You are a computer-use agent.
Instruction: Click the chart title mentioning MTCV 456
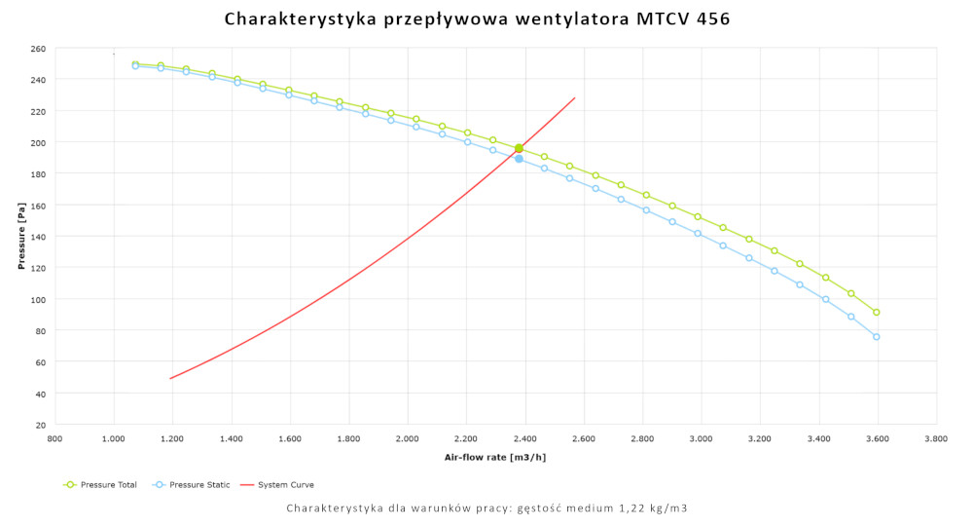[x=477, y=19]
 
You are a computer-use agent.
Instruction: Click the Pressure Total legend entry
[x=107, y=484]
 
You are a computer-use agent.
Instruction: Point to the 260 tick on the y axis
[x=38, y=48]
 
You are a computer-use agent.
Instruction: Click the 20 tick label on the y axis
[x=41, y=425]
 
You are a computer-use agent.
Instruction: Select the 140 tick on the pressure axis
[x=38, y=237]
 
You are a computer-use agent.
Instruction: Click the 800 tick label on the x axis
[x=55, y=439]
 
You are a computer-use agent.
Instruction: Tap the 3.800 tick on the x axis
[x=936, y=439]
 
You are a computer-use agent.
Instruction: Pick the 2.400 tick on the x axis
[x=525, y=439]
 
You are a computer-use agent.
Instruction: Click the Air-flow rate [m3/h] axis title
[x=495, y=457]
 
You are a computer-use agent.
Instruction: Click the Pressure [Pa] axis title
[x=20, y=237]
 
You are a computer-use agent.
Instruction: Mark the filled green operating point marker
[x=519, y=149]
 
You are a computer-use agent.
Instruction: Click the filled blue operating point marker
[x=519, y=159]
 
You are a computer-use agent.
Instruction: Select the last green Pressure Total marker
[x=877, y=313]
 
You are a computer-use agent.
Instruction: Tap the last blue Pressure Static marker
[x=877, y=337]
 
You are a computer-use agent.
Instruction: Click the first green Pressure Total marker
[x=135, y=64]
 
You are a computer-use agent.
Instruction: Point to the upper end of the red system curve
[x=575, y=97]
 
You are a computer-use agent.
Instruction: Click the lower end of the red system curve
[x=170, y=378]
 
